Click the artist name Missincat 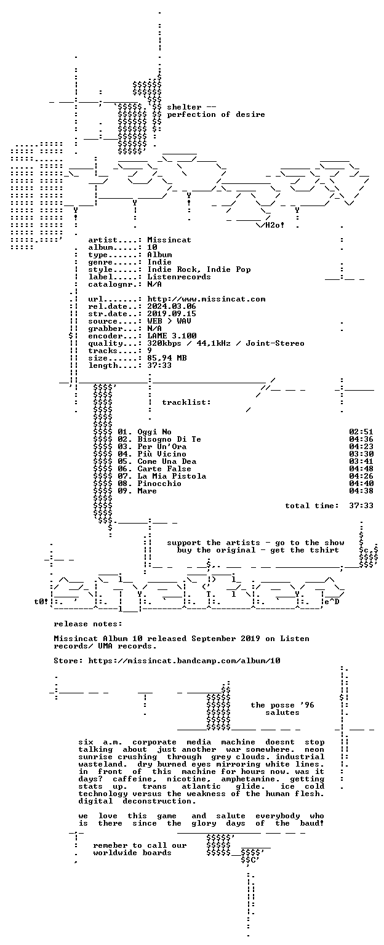click(x=169, y=240)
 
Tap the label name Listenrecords click(x=179, y=277)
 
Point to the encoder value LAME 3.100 click(x=172, y=336)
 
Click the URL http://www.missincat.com click(x=206, y=299)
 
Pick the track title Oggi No click(x=154, y=431)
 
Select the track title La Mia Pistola click(x=172, y=476)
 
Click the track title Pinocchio click(x=159, y=484)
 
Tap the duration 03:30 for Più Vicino click(x=361, y=454)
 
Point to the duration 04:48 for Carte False click(x=361, y=469)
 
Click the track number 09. click(x=124, y=490)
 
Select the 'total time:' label click(x=312, y=505)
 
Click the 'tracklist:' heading click(x=186, y=402)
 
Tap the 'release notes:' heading click(x=88, y=623)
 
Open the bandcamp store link click(x=184, y=661)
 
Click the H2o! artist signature click(x=274, y=225)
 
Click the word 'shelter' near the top click(x=184, y=107)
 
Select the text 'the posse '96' click(x=282, y=705)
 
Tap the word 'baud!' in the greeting click(x=312, y=823)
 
